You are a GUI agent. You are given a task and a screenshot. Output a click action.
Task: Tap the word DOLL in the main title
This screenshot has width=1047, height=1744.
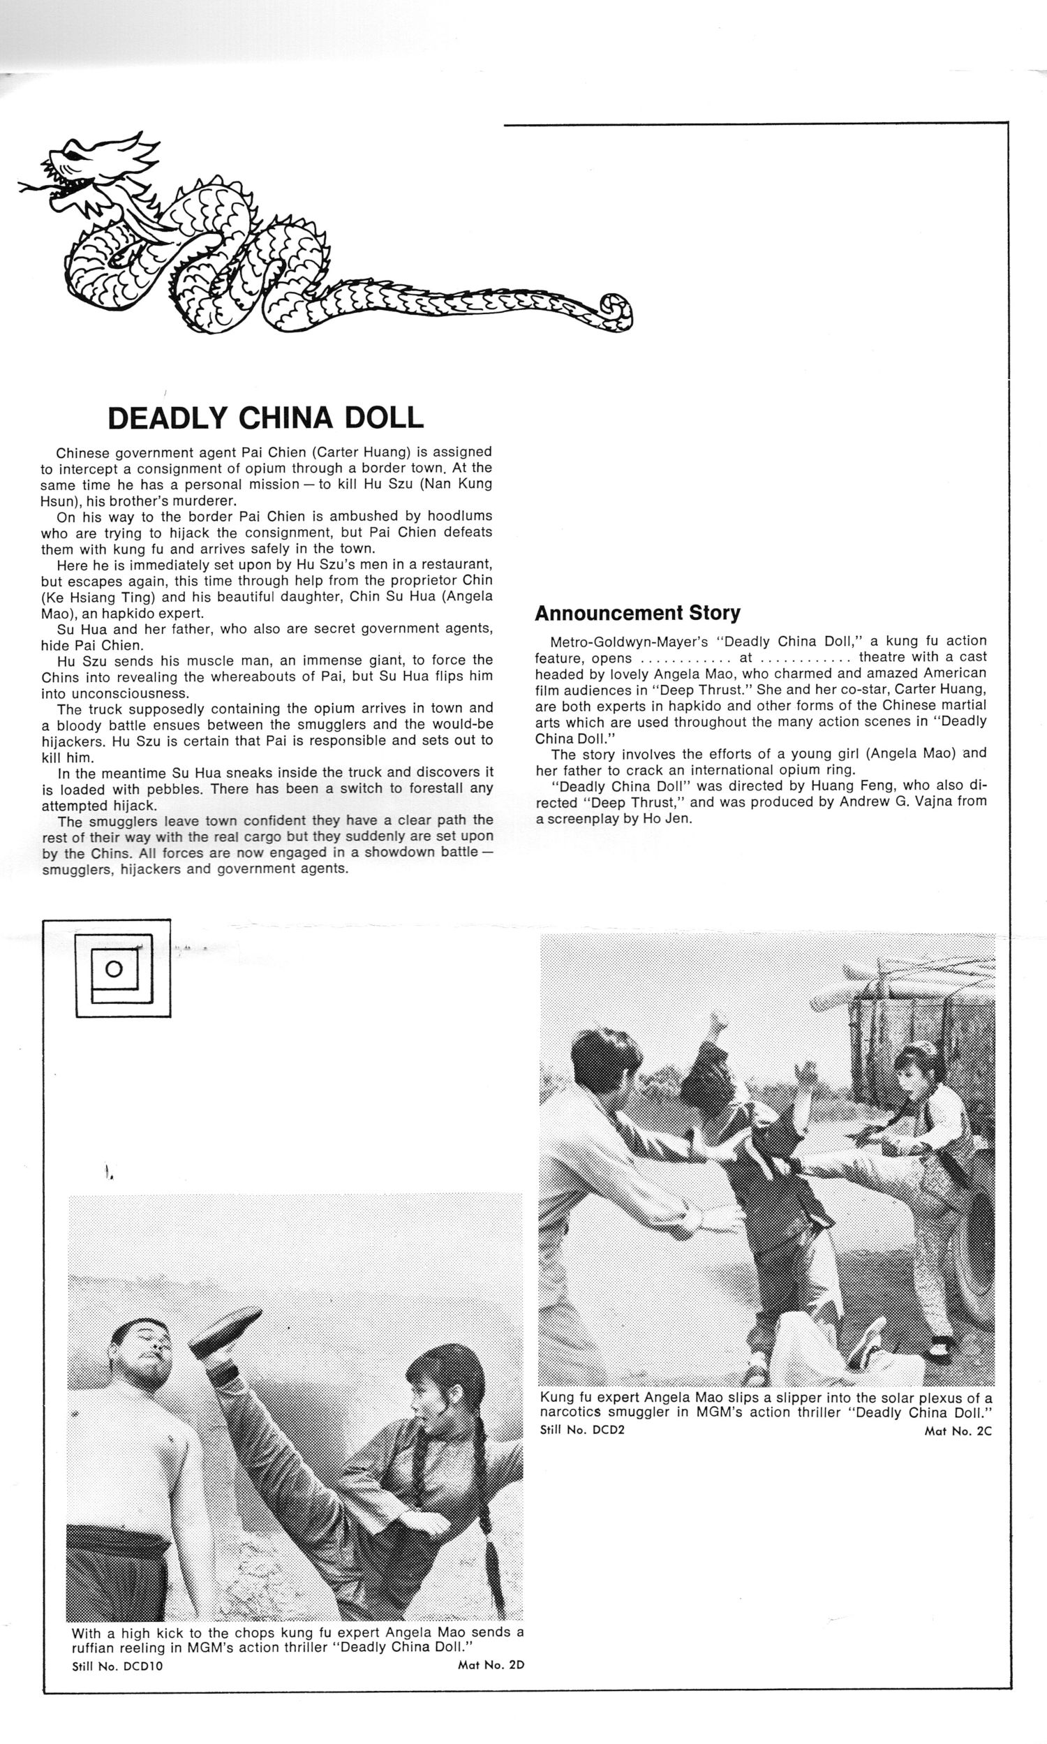(x=383, y=418)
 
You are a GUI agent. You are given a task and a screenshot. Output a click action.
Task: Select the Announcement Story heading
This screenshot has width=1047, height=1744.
(x=637, y=613)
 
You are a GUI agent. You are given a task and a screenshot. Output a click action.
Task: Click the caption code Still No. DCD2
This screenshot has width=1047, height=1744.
(x=582, y=1431)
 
